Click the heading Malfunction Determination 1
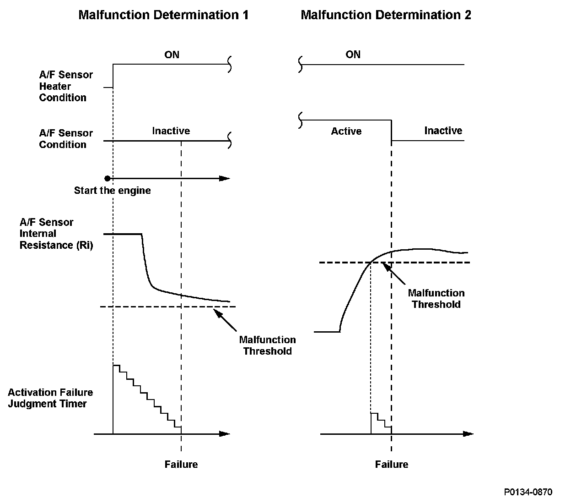click(163, 15)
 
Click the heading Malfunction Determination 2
click(386, 15)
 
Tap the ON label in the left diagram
click(172, 55)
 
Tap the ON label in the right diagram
click(353, 55)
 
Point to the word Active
click(346, 131)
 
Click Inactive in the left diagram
click(171, 131)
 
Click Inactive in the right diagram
click(443, 131)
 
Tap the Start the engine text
click(112, 191)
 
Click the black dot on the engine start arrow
click(107, 178)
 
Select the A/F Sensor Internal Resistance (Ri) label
click(56, 234)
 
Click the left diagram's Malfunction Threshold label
click(267, 345)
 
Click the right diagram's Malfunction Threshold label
click(436, 299)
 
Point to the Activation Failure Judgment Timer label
click(50, 398)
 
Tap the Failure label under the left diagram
click(181, 465)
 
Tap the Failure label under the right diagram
click(391, 465)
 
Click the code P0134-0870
click(528, 492)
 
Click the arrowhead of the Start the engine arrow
click(225, 178)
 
